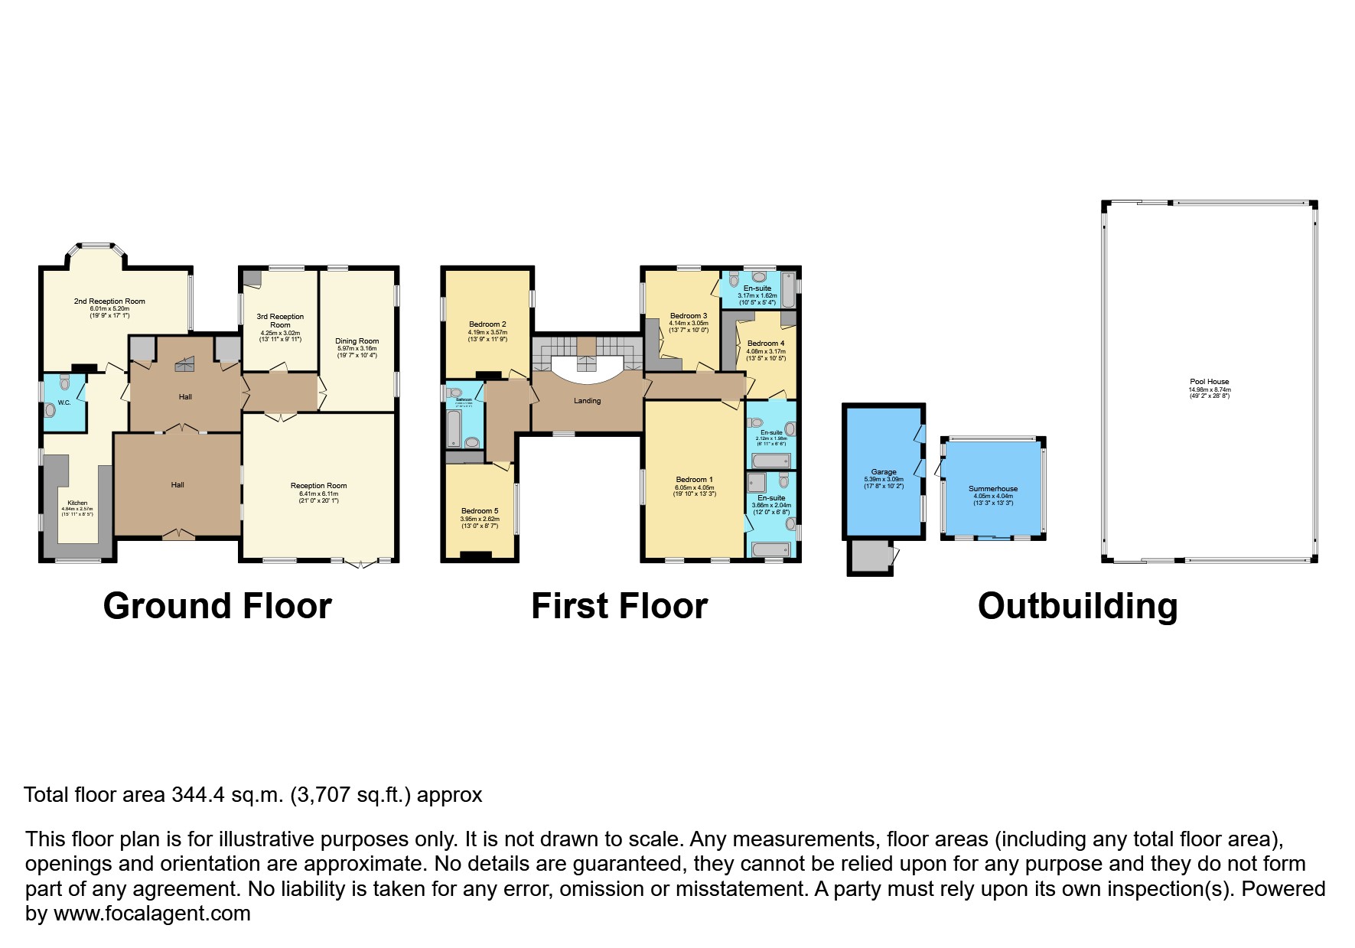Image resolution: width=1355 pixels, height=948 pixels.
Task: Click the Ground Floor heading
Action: (x=217, y=605)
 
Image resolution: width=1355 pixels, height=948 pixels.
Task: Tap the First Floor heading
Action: (x=619, y=605)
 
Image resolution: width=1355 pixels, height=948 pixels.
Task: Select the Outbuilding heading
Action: (x=1077, y=605)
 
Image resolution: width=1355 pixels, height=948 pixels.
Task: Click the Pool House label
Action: (x=1209, y=382)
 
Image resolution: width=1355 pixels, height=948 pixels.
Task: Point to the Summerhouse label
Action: (x=993, y=488)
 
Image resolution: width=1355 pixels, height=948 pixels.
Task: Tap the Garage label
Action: (x=884, y=472)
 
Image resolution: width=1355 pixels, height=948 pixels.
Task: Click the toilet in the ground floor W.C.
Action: (x=51, y=409)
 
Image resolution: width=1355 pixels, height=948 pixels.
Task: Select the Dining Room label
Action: (x=357, y=341)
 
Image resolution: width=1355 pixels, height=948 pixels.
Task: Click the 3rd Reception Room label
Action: (x=280, y=321)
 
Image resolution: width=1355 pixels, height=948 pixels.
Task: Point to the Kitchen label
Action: (x=77, y=503)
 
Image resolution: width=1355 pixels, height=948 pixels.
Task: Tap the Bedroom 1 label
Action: (x=694, y=480)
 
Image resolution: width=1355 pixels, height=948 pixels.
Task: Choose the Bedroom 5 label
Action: (x=480, y=511)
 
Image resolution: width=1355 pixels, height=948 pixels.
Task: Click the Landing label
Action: (x=588, y=401)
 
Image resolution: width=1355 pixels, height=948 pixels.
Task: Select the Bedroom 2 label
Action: (x=487, y=324)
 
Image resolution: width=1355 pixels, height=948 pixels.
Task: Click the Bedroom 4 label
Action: (x=766, y=344)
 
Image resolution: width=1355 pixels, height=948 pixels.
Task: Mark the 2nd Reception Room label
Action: (x=109, y=301)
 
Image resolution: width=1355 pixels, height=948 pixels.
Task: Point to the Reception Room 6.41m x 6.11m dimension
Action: (x=318, y=494)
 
